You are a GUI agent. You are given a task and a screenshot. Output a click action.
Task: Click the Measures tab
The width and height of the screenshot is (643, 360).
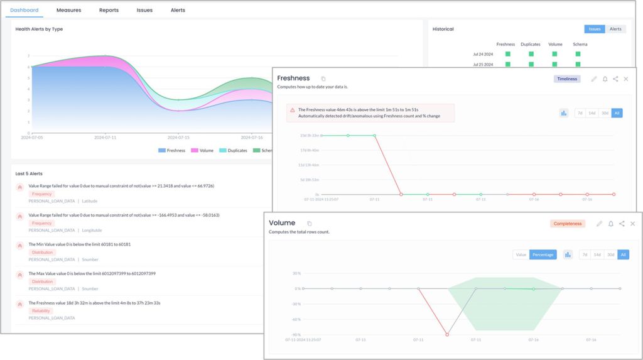point(68,10)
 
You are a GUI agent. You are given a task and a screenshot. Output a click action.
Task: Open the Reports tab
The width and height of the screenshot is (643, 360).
point(109,10)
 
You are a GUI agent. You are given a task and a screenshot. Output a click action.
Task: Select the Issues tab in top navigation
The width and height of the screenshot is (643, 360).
point(144,10)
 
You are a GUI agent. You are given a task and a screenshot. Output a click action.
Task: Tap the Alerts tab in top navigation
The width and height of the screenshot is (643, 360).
point(178,10)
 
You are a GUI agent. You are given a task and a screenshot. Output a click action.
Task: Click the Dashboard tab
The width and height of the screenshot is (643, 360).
point(24,10)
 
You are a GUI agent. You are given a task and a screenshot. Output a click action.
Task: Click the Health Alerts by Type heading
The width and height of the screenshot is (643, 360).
point(39,29)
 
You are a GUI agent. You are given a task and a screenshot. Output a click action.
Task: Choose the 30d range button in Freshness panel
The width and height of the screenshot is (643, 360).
point(604,113)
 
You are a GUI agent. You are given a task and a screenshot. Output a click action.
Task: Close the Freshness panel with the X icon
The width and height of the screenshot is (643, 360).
point(626,79)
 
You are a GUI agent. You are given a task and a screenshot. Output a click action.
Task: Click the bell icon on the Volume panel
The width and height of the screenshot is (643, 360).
point(610,224)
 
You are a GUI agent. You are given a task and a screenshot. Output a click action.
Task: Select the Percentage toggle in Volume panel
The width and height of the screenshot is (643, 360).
point(543,254)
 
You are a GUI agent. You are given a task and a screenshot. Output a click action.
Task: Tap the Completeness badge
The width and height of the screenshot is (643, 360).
point(568,224)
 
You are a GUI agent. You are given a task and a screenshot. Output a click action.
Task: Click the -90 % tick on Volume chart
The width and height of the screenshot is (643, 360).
point(296,334)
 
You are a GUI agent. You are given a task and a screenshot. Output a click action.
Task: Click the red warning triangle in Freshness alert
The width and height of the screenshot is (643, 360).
point(293,109)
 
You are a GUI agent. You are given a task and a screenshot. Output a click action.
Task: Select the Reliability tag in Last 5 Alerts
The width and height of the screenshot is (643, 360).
point(42,310)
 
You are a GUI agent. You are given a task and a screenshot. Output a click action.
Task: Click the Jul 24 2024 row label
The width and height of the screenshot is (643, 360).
point(483,54)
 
